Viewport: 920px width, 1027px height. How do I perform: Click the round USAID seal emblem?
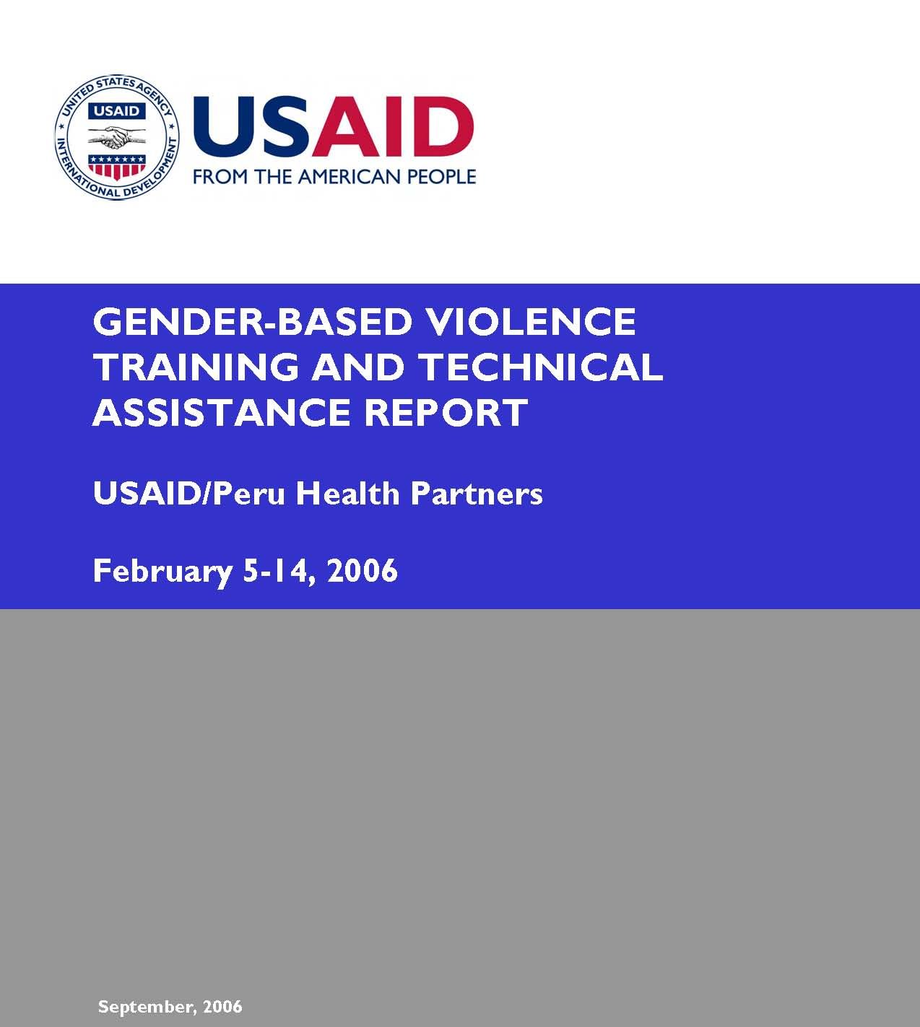pyautogui.click(x=117, y=137)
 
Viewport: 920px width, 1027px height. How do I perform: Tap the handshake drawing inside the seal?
pyautogui.click(x=116, y=136)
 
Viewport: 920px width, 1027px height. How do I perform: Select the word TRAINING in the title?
pyautogui.click(x=196, y=367)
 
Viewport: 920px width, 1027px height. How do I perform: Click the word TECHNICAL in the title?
pyautogui.click(x=541, y=367)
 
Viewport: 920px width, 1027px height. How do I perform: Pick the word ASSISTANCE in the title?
pyautogui.click(x=222, y=411)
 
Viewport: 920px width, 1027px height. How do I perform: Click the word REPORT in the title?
pyautogui.click(x=446, y=411)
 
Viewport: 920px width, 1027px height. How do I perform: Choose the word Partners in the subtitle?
pyautogui.click(x=477, y=493)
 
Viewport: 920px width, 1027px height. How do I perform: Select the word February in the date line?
pyautogui.click(x=162, y=572)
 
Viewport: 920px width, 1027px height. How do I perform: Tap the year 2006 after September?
pyautogui.click(x=222, y=1006)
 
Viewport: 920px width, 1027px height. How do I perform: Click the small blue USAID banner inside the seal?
pyautogui.click(x=117, y=111)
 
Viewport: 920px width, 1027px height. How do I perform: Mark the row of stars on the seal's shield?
pyautogui.click(x=117, y=159)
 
